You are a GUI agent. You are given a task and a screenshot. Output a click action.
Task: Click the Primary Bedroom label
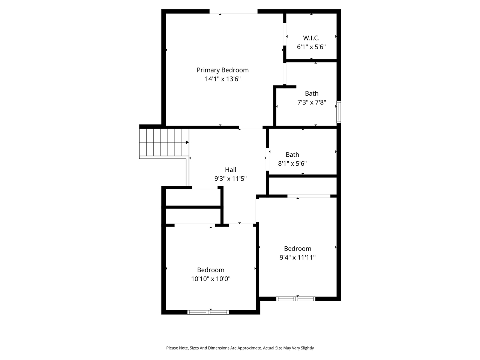(x=222, y=70)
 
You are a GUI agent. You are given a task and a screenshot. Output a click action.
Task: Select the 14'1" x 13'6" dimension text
(x=222, y=79)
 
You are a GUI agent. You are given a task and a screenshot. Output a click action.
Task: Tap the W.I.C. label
(x=311, y=38)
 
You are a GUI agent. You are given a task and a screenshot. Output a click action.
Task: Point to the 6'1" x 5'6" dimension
(x=311, y=47)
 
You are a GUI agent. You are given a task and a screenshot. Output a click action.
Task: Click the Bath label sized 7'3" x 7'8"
(x=312, y=93)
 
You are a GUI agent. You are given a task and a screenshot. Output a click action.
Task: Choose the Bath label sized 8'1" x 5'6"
(x=292, y=154)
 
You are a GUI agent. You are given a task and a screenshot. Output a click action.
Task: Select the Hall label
(x=230, y=170)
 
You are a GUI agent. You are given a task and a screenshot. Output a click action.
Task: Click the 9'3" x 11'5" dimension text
(x=230, y=179)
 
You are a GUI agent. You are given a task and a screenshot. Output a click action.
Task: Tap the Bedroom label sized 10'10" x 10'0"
(x=211, y=270)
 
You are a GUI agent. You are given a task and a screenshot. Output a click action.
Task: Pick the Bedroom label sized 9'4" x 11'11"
(x=297, y=249)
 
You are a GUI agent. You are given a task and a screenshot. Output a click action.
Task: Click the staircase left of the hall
(x=163, y=142)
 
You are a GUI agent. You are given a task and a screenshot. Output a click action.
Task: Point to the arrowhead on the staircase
(x=187, y=142)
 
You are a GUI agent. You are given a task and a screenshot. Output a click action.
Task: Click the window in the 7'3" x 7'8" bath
(x=339, y=112)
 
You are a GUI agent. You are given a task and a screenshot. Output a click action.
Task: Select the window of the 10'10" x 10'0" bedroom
(x=208, y=312)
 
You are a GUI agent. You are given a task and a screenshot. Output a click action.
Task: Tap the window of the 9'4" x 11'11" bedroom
(x=295, y=299)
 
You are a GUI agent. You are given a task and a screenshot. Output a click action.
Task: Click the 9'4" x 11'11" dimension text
(x=297, y=258)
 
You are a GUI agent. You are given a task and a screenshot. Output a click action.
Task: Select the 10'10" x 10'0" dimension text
(x=211, y=279)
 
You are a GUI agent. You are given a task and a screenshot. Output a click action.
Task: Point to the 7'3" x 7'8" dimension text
(x=312, y=102)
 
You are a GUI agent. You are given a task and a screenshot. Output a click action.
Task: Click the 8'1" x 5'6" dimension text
(x=292, y=163)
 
